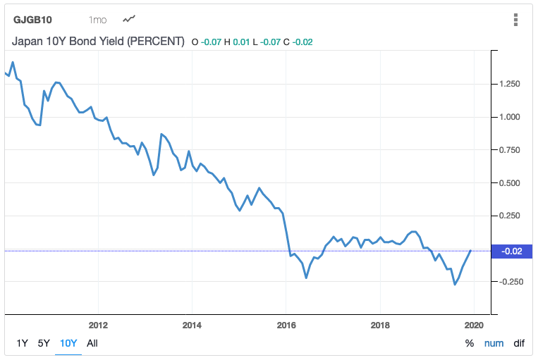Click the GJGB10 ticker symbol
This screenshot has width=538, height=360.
click(34, 20)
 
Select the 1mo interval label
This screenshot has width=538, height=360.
click(98, 20)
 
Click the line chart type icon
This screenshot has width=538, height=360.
click(130, 19)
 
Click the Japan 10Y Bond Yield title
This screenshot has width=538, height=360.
click(98, 42)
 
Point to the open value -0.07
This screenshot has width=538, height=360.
click(211, 42)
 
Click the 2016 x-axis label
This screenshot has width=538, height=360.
click(286, 325)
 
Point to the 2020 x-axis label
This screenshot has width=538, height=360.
click(474, 325)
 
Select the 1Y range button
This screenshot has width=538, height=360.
click(22, 344)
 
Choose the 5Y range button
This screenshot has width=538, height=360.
click(44, 344)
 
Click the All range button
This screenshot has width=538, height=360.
click(92, 344)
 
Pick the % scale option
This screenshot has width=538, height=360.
click(470, 344)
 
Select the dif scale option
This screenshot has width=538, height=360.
click(519, 344)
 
